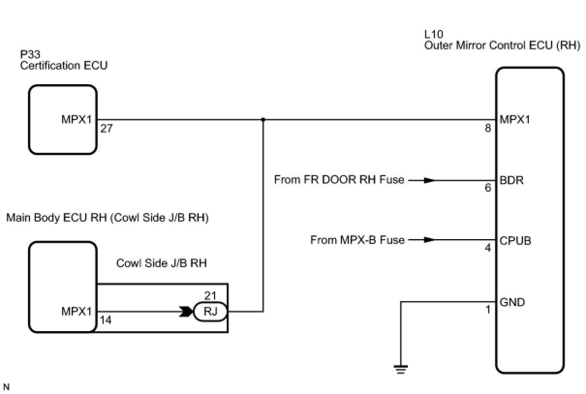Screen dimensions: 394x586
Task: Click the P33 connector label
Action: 30,55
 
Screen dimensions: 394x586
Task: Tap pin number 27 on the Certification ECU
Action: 107,129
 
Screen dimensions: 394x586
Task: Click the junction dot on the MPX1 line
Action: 263,119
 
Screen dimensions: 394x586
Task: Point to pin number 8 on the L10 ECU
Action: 488,129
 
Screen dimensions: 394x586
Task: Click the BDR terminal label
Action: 511,181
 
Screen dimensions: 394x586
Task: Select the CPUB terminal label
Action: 515,240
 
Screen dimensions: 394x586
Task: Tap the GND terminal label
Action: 512,303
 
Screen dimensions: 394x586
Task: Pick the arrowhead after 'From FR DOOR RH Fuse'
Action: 428,181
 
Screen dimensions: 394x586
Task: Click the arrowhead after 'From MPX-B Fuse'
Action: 428,240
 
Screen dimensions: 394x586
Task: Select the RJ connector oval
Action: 210,312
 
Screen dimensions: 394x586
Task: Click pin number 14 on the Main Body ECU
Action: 106,320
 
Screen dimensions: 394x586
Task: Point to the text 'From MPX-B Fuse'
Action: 357,240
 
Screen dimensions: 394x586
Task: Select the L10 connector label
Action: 433,34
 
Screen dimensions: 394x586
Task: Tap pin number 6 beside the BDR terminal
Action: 488,188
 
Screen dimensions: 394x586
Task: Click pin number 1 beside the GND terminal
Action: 488,310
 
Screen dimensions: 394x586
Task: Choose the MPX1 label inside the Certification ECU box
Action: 77,120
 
